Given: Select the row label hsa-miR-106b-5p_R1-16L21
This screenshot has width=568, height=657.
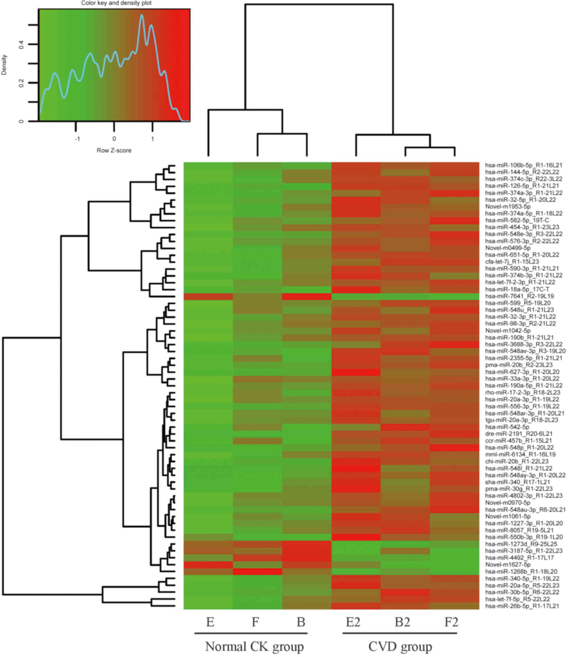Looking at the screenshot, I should click(x=524, y=165).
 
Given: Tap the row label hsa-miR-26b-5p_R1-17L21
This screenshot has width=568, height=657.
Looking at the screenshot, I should click(x=522, y=606).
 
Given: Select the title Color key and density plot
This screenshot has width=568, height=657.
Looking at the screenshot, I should click(x=116, y=3).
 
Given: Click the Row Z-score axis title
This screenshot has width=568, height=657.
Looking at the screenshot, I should click(x=114, y=150).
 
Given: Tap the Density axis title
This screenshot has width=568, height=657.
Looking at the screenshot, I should click(x=4, y=65).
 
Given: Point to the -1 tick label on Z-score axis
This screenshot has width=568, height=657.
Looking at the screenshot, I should click(x=77, y=139).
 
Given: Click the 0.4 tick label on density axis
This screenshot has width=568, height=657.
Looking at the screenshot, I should click(x=21, y=44).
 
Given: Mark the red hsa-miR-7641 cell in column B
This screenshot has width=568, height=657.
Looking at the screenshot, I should click(x=306, y=296).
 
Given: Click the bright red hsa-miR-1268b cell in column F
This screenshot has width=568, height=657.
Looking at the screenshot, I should click(x=257, y=572).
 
